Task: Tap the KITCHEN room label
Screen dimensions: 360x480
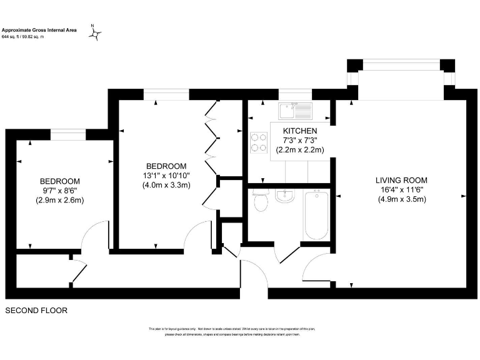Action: click(x=300, y=131)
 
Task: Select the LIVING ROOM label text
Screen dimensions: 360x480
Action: click(x=402, y=181)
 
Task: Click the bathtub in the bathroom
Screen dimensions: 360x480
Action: click(x=316, y=214)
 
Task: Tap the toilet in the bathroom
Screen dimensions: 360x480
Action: click(x=260, y=201)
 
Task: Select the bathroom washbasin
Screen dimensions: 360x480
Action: click(x=284, y=196)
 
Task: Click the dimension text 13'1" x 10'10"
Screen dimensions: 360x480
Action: click(x=166, y=175)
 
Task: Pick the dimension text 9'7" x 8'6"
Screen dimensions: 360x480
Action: click(x=60, y=190)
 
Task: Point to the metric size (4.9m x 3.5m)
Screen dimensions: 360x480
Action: click(x=402, y=200)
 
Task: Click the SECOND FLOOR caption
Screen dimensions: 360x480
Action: click(x=36, y=310)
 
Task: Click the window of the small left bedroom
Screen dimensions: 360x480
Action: click(x=68, y=133)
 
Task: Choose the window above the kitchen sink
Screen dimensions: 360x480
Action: click(x=294, y=94)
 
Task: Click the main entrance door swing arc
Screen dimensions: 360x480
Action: click(x=254, y=275)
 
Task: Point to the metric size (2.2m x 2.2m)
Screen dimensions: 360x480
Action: click(x=300, y=149)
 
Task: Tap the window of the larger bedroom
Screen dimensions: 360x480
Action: click(x=166, y=94)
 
